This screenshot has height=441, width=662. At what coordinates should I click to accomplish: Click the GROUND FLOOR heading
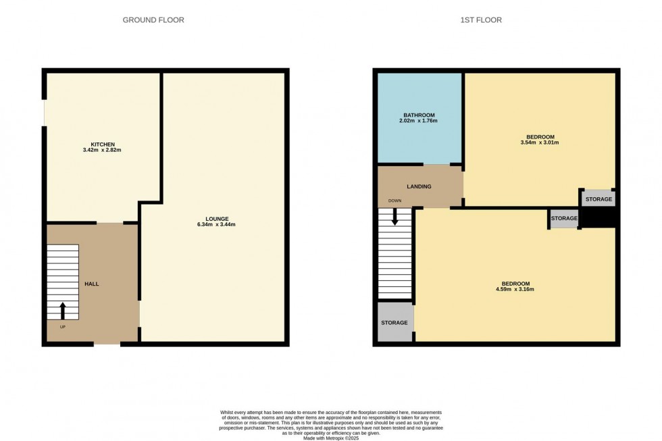pyautogui.click(x=153, y=20)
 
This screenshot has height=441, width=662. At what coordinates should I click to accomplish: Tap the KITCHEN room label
pyautogui.click(x=103, y=144)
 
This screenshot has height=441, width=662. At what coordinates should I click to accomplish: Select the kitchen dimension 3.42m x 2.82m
pyautogui.click(x=103, y=150)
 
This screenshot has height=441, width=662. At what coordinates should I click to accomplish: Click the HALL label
pyautogui.click(x=91, y=284)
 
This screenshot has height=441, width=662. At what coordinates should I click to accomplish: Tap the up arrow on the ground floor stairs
pyautogui.click(x=63, y=311)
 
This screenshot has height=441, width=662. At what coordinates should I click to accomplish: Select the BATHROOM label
pyautogui.click(x=419, y=115)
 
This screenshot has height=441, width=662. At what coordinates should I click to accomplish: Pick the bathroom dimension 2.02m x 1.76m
pyautogui.click(x=419, y=121)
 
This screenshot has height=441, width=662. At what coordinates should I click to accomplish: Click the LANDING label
pyautogui.click(x=419, y=186)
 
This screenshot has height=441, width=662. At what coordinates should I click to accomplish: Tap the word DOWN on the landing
pyautogui.click(x=394, y=201)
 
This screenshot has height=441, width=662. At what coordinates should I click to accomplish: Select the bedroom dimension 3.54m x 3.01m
pyautogui.click(x=540, y=142)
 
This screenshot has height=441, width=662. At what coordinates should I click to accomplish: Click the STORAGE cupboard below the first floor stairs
pyautogui.click(x=394, y=323)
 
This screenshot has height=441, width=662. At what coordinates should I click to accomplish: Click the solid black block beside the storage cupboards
pyautogui.click(x=599, y=218)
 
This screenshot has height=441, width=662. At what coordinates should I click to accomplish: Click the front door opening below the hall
pyautogui.click(x=107, y=344)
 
